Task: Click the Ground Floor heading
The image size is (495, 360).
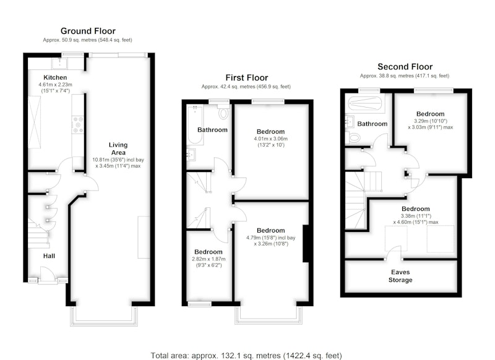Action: tap(88, 31)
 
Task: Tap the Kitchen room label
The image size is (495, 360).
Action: tap(55, 77)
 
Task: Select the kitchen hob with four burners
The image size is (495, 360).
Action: tap(78, 124)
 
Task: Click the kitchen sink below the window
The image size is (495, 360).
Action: tap(59, 64)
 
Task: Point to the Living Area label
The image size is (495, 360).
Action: tap(118, 148)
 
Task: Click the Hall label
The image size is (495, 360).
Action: tap(49, 256)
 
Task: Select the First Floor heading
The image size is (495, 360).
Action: tap(246, 77)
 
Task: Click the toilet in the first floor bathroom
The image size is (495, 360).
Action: tap(223, 113)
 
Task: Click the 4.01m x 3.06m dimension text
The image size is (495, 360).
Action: tap(270, 139)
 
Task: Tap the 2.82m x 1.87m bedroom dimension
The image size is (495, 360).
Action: tap(209, 259)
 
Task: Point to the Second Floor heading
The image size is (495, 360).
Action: tap(405, 67)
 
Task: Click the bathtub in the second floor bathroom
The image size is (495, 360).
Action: tap(366, 104)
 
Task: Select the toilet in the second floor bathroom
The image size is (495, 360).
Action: tap(353, 138)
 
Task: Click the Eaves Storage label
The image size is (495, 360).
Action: tap(400, 276)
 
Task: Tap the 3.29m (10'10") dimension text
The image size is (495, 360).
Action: tap(431, 121)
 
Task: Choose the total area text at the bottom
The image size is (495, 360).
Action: tap(246, 356)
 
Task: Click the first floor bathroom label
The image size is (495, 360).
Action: tap(212, 130)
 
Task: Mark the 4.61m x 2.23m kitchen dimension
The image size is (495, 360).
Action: tap(55, 85)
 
